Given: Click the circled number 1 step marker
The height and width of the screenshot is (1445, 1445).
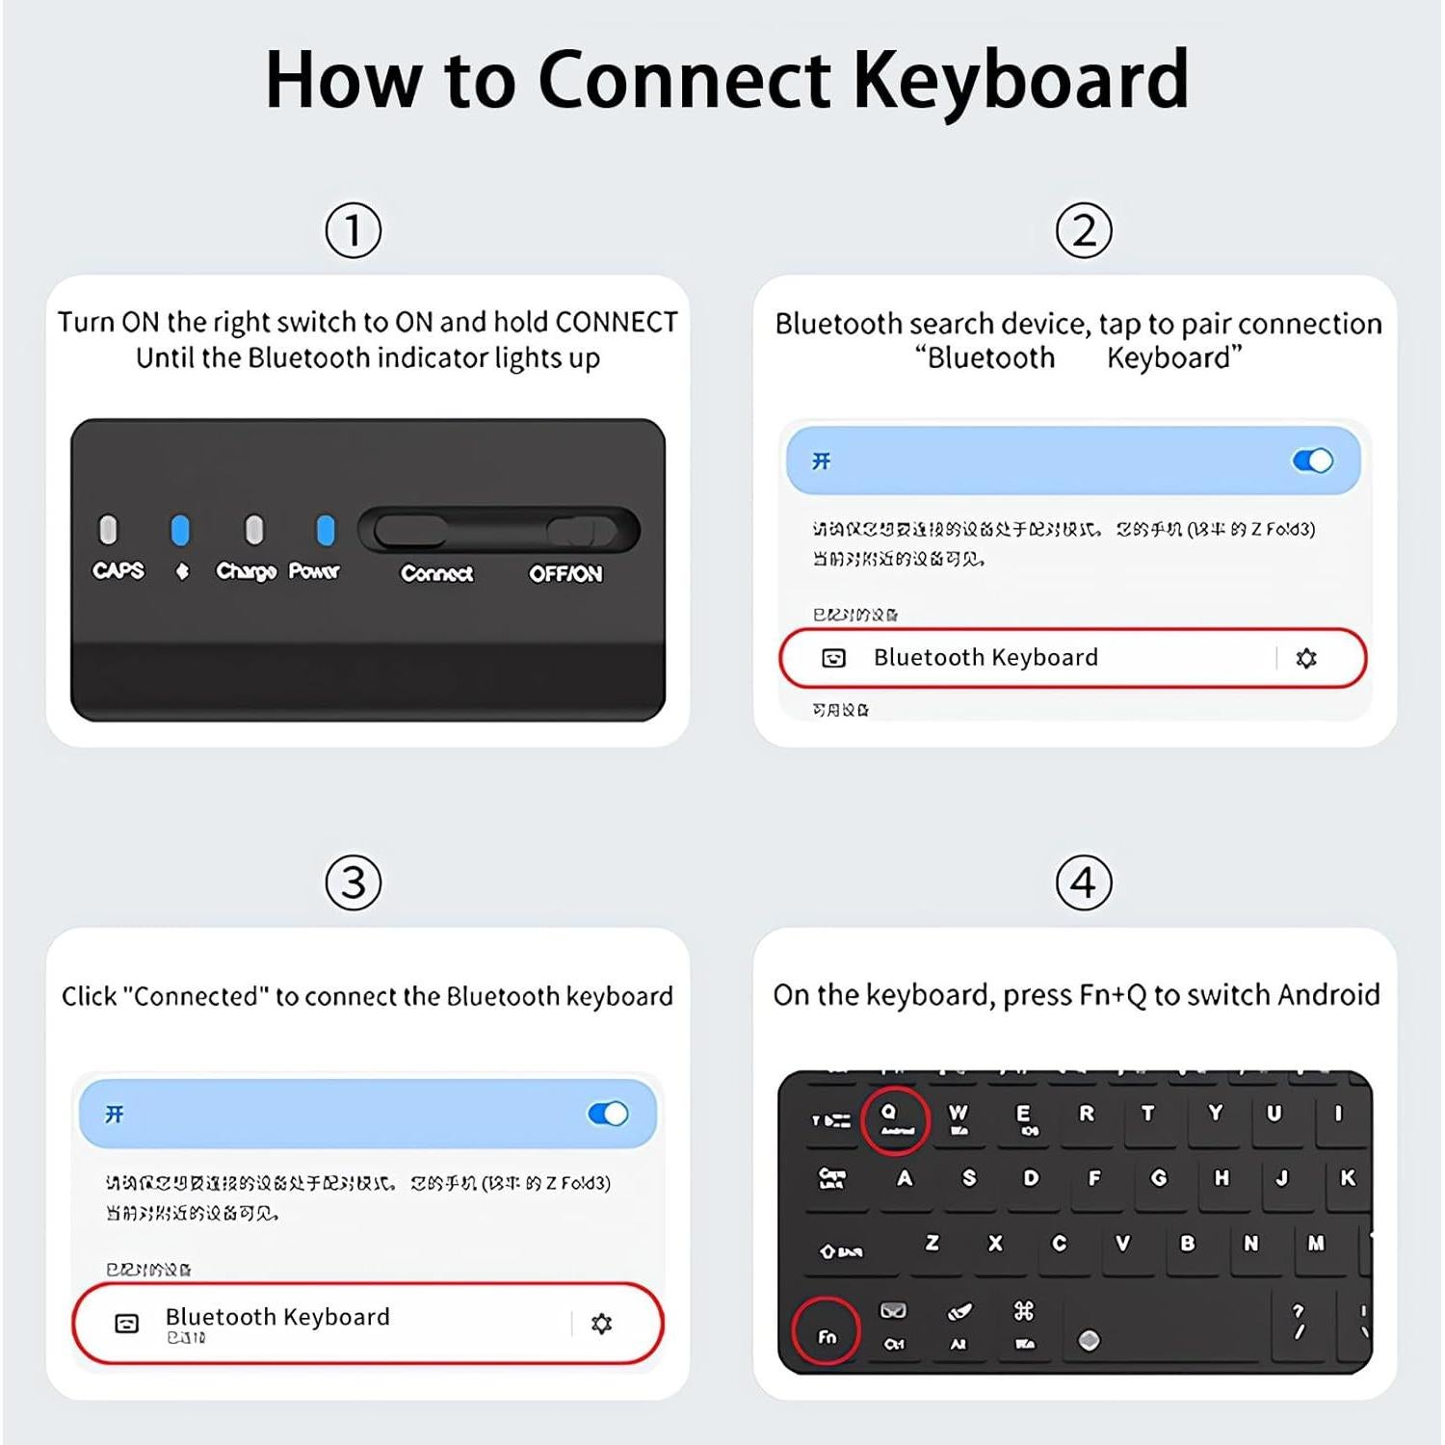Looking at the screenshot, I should pos(353,230).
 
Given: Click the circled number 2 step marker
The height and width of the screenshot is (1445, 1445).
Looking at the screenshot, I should pos(1084,230).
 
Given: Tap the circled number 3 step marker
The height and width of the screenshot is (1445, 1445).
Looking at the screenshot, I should pos(353,882).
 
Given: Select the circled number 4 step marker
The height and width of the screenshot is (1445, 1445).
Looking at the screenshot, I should pos(1084,882).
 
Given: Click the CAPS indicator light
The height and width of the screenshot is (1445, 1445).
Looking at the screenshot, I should pos(109,530).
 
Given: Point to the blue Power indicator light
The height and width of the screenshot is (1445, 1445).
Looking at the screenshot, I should pos(326,530).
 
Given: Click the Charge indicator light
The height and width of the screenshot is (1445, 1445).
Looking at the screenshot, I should pos(253,530).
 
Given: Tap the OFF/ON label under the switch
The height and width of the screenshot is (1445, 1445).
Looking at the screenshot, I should pos(565,574).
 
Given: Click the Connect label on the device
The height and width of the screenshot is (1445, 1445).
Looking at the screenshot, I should pos(436,574).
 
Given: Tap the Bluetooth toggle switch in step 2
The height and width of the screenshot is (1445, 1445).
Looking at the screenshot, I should pos(1312,461).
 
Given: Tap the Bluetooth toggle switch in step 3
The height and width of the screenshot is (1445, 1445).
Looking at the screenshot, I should pos(608,1115).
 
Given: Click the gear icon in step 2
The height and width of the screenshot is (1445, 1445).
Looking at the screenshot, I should pos(1306,658).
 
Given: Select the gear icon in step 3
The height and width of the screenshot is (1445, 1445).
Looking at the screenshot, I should pos(601,1324).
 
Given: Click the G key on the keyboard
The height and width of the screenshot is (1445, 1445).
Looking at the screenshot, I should pos(1159,1178).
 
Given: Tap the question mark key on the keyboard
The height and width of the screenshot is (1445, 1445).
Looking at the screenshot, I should pos(1299,1321).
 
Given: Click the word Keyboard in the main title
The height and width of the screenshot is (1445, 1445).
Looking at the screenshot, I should pos(1021,80).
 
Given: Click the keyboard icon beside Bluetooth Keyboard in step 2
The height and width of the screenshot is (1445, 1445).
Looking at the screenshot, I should pos(833,658).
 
